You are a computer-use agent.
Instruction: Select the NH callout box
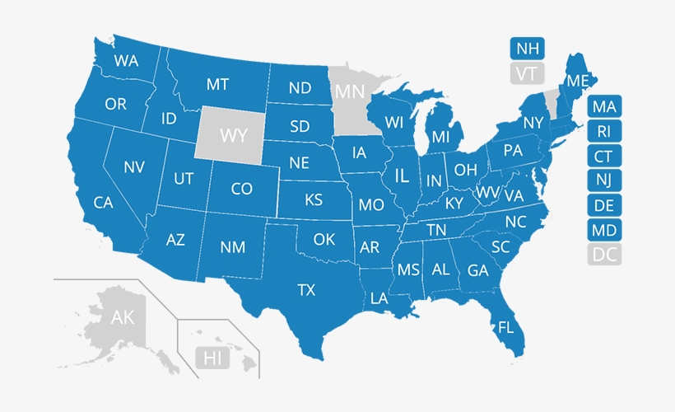click(x=525, y=48)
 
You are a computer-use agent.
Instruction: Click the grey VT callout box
click(x=525, y=73)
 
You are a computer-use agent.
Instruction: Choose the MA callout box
click(x=605, y=106)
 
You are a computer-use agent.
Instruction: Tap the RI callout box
click(x=605, y=131)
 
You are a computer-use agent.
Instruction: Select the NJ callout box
click(x=605, y=180)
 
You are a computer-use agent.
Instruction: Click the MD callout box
click(x=605, y=230)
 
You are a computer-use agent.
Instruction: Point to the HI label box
click(x=212, y=358)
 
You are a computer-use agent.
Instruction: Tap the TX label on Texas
click(x=306, y=289)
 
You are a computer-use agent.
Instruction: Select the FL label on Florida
click(x=505, y=327)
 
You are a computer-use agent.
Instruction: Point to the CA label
click(x=103, y=202)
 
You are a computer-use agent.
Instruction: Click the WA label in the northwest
click(x=126, y=61)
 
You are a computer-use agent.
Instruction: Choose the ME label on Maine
click(x=578, y=81)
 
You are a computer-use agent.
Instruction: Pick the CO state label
click(x=241, y=189)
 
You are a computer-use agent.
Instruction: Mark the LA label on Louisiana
click(x=379, y=298)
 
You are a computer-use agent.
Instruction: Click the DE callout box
click(x=605, y=205)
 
